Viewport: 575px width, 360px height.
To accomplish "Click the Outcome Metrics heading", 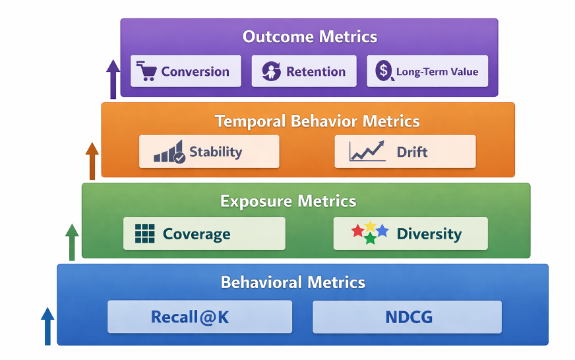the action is click(x=310, y=37).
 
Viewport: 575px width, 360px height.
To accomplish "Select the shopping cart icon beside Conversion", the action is click(x=146, y=71).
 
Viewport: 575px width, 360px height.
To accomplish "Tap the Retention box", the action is click(x=304, y=71).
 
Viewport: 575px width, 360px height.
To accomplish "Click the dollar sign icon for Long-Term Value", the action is click(x=384, y=71).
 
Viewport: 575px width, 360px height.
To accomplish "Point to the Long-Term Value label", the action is click(x=437, y=71).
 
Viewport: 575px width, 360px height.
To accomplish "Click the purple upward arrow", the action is click(x=113, y=79).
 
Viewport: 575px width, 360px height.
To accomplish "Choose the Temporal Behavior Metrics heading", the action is click(x=317, y=121).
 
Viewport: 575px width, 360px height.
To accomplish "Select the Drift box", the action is click(x=406, y=152).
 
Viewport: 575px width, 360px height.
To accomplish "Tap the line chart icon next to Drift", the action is click(x=367, y=151).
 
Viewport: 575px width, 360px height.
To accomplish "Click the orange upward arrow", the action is click(x=92, y=162).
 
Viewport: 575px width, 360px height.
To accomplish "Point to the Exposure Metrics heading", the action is click(x=288, y=201).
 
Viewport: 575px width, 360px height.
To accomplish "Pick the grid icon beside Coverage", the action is click(x=145, y=233).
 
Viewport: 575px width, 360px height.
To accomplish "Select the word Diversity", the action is click(x=429, y=234).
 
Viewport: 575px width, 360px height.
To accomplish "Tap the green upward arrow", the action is click(x=72, y=243).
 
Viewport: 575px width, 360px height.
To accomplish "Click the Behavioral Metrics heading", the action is click(x=293, y=282).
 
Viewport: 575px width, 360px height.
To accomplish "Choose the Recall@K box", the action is click(x=200, y=316).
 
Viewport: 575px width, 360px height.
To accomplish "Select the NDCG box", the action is click(x=407, y=317).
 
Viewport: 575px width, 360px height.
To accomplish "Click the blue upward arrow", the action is click(x=47, y=326).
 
